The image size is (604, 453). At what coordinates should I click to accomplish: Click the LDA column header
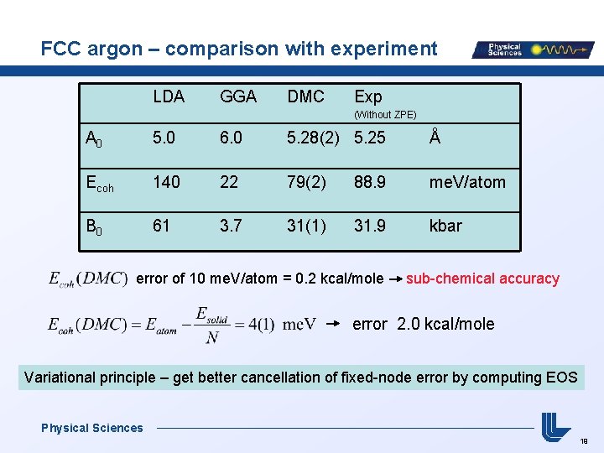coord(169,96)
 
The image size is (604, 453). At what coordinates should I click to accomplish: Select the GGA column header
coord(238,96)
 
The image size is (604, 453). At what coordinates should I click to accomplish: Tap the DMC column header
coord(305,96)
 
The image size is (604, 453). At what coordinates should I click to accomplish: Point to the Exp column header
coord(368,96)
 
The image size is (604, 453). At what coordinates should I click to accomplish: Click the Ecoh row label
coord(98,182)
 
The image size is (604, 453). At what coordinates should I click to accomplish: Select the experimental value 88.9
coord(370,181)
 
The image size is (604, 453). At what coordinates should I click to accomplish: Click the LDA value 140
coord(166,181)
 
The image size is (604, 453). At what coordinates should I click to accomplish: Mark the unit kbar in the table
coord(445,225)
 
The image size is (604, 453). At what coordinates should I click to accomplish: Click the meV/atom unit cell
coord(467,181)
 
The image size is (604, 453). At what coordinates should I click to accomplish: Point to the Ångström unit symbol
coord(434,136)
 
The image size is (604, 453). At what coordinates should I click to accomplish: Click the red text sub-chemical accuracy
coord(482,279)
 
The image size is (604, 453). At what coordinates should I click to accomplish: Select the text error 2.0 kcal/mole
coord(424,324)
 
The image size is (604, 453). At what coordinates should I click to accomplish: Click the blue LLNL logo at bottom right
coord(555,426)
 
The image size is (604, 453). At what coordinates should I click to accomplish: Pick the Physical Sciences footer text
coord(92,428)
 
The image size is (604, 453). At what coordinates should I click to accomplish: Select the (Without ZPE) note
coord(385,114)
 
